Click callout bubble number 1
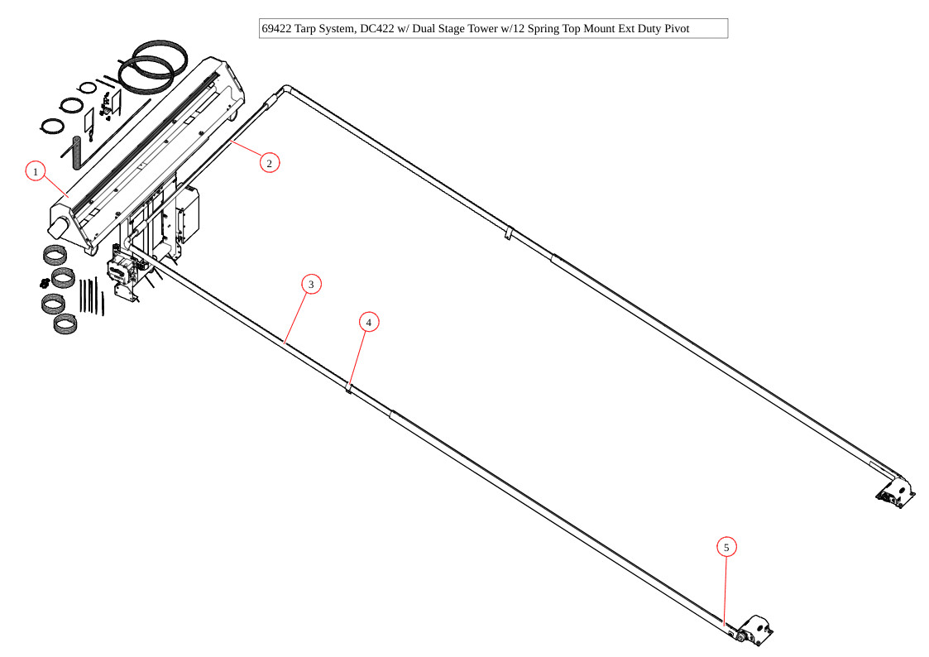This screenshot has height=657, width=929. click(x=35, y=171)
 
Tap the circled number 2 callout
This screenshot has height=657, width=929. click(x=269, y=162)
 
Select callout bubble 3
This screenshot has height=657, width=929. click(x=311, y=285)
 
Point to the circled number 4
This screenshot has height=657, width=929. click(x=369, y=322)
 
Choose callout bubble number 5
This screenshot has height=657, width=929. click(x=726, y=547)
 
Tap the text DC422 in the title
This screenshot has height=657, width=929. click(x=378, y=29)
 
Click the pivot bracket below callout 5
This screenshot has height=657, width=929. click(x=754, y=631)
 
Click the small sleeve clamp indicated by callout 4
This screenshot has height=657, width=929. click(x=349, y=387)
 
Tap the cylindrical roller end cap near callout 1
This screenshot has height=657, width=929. click(x=60, y=224)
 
